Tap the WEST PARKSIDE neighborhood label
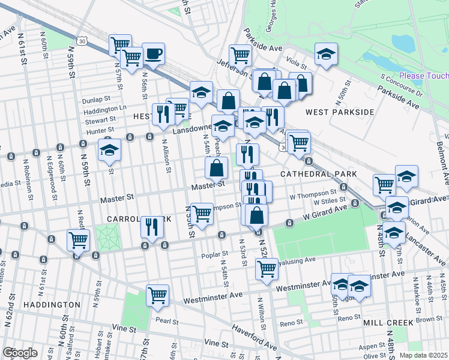(x=340, y=112)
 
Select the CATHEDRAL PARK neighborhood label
(x=318, y=174)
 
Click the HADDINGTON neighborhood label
(x=52, y=305)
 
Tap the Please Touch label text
(x=424, y=76)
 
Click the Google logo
(x=20, y=353)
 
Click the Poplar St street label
(x=213, y=254)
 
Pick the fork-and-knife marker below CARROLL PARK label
(x=152, y=227)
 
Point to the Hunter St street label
(x=100, y=130)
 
